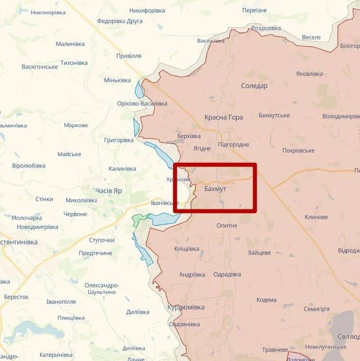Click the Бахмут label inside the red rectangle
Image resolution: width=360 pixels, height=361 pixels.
click(215, 189)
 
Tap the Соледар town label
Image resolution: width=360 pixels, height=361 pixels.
click(254, 86)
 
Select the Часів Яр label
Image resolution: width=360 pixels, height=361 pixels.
click(109, 191)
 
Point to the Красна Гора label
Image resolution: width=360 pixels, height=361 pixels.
click(224, 117)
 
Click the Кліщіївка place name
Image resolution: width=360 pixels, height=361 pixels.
click(186, 249)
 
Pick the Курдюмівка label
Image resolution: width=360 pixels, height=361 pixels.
click(186, 307)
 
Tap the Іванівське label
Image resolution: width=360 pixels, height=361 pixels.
click(165, 203)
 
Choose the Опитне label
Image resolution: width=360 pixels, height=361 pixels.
click(226, 225)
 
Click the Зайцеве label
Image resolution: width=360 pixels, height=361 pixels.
click(259, 253)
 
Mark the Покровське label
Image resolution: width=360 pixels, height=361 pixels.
click(298, 150)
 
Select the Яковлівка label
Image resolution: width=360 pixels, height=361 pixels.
click(309, 74)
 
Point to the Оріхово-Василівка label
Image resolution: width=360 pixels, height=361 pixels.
click(142, 103)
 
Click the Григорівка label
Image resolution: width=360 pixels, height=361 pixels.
click(119, 140)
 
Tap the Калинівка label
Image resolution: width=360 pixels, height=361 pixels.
click(122, 169)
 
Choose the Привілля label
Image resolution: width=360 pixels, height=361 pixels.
click(129, 56)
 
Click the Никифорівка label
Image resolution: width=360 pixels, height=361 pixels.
click(147, 10)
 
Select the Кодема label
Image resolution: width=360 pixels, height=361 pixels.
click(266, 300)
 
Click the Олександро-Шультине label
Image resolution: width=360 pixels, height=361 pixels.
click(102, 289)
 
